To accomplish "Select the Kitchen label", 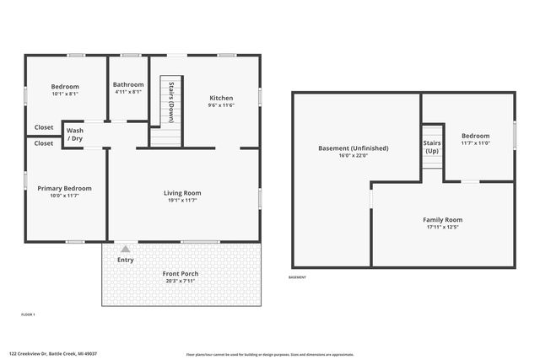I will [x=221, y=98].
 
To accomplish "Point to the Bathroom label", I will [x=128, y=84].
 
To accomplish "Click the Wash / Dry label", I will [x=75, y=134].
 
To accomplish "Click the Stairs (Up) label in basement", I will [x=432, y=146].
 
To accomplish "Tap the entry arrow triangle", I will [x=126, y=249].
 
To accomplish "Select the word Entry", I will [x=125, y=260].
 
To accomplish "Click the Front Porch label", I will [x=181, y=274].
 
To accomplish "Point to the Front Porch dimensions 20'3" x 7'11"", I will [x=181, y=282].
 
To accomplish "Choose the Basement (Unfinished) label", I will [x=354, y=148].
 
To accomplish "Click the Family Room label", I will [x=442, y=220].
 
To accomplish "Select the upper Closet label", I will [x=44, y=127].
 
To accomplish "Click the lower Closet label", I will [x=44, y=143].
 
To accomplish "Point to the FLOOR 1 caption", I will [x=28, y=314].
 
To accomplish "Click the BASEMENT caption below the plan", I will [x=298, y=277].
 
